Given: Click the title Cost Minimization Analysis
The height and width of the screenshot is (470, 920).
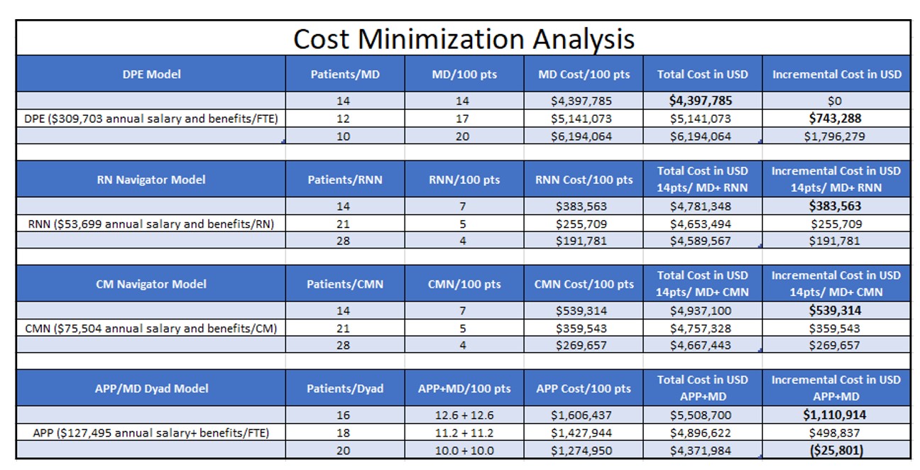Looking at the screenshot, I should pos(464,38).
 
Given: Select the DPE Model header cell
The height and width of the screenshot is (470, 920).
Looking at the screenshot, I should pos(151,74).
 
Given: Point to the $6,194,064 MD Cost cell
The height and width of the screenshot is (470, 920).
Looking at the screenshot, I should pos(581,136).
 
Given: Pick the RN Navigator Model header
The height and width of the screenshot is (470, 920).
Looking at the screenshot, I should pos(151,180).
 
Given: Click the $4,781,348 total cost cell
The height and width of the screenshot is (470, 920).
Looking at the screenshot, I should pos(701,207).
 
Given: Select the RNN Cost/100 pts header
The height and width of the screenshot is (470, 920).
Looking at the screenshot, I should pos(584,180).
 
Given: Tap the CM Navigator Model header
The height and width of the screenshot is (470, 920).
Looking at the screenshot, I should pos(151,284).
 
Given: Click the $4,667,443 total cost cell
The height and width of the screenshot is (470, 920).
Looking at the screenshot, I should pos(701,346).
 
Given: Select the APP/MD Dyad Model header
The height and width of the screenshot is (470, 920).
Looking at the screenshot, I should pos(151,388).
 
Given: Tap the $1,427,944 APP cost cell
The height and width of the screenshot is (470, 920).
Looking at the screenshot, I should pos(581,432).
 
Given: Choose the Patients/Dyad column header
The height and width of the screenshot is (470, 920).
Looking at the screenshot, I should pos(345,388).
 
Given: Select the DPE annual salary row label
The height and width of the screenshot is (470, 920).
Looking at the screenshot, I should pos(150,119).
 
